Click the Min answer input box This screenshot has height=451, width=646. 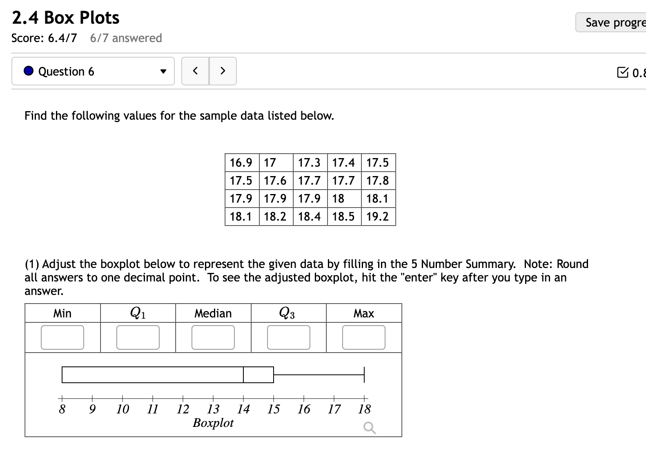pos(62,337)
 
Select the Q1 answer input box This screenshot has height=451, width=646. pos(138,337)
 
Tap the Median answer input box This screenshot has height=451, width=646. pos(213,337)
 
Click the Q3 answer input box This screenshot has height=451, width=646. pos(289,337)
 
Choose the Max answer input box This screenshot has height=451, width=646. pos(364,337)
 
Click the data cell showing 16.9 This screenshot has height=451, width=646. pos(241,163)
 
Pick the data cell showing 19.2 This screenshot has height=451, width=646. pos(378,217)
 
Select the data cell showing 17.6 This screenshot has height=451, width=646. pos(275,181)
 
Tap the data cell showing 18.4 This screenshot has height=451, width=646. pos(310,217)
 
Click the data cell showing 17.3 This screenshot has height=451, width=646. pos(310,163)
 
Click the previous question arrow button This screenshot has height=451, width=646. pos(195,71)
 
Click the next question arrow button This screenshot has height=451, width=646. pos(223,71)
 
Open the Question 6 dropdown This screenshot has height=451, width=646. pos(93,71)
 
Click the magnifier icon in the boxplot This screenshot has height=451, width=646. pos(369,428)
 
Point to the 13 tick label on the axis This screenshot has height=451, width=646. pos(213,409)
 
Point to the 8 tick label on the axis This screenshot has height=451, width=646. pos(62,409)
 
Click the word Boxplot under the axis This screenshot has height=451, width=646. pos(213,422)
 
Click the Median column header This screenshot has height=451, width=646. pos(213,313)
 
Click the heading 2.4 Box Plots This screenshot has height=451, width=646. pos(66,18)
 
